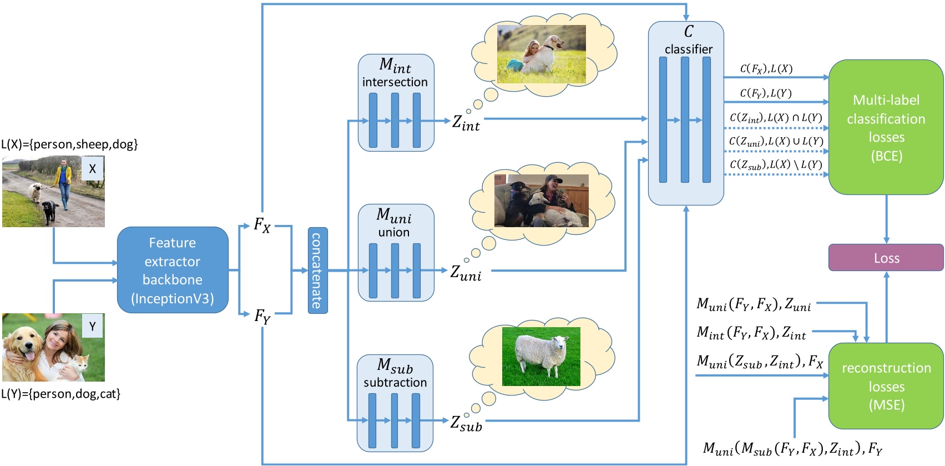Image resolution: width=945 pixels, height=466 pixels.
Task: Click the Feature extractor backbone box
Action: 173,270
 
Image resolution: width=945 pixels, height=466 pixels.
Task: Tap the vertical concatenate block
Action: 317,270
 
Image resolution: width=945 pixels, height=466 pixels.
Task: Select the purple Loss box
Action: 886,258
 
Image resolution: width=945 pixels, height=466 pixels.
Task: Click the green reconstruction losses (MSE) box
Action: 886,386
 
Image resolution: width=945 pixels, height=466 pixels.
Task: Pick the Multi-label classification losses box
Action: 886,127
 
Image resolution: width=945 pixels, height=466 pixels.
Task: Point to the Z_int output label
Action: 466,123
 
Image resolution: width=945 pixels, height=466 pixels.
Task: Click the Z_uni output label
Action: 465,273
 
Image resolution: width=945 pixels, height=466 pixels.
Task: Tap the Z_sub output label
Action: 466,423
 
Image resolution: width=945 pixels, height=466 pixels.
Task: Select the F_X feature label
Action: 262,225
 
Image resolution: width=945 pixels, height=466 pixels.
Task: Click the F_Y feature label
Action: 262,316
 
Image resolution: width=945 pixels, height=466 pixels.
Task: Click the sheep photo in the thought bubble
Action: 540,357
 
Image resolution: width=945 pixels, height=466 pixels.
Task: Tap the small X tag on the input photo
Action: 92,168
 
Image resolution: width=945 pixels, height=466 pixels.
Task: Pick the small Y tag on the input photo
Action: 92,327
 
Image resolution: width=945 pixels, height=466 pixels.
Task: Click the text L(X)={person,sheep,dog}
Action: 69,144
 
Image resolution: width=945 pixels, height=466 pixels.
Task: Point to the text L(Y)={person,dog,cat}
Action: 60,394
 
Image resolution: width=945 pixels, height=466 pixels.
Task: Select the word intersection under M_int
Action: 395,82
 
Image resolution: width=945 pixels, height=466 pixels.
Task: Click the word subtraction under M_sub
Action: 395,383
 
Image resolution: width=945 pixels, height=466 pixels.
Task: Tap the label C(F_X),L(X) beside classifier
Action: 766,69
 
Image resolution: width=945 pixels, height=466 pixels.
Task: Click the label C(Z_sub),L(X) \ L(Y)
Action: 775,164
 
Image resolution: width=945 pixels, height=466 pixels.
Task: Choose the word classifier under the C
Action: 688,49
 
